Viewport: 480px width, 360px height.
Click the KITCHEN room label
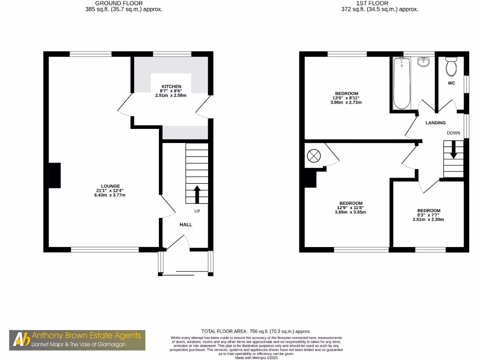(171, 87)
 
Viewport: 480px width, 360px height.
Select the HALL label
(186, 225)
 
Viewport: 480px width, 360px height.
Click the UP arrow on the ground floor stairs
(197, 194)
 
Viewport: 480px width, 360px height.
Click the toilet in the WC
(451, 67)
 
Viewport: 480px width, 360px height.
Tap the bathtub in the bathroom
(401, 84)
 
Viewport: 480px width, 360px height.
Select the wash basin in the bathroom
(424, 62)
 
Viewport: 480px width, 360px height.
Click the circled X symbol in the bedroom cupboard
(313, 156)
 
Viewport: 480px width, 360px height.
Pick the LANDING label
(435, 123)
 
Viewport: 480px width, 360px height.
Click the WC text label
(451, 83)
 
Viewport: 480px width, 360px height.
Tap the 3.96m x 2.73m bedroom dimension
(346, 102)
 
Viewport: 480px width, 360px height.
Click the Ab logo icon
(20, 340)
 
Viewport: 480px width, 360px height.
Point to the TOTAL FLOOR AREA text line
(256, 331)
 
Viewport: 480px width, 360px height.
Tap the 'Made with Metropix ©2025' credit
(256, 358)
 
